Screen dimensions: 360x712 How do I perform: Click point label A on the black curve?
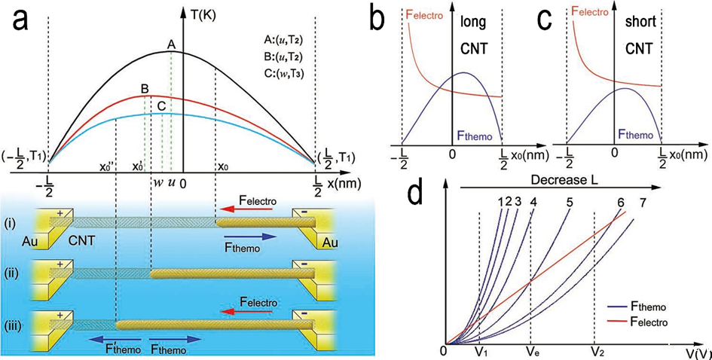click(171, 45)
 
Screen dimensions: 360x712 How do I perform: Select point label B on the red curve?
click(144, 89)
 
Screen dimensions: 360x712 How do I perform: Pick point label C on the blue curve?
click(161, 106)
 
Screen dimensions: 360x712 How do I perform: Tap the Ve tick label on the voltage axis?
click(531, 352)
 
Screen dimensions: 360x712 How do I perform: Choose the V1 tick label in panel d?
click(480, 352)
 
